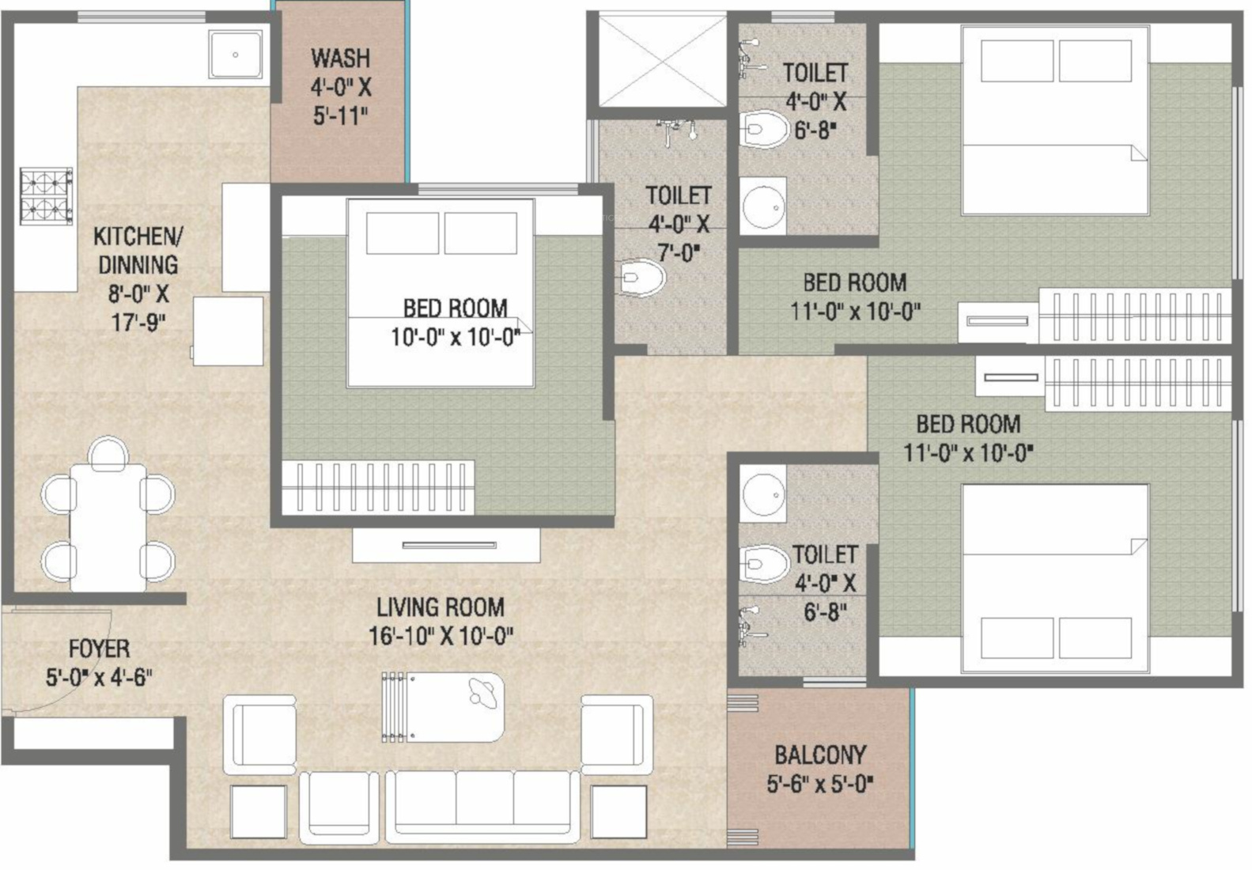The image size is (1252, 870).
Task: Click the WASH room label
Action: click(x=341, y=58)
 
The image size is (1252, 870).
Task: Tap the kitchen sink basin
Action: click(x=236, y=55)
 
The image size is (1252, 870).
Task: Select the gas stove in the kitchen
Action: click(x=47, y=196)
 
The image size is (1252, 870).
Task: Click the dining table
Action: click(x=108, y=527)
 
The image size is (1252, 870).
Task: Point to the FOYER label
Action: click(x=100, y=649)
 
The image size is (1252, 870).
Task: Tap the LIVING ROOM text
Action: click(x=441, y=607)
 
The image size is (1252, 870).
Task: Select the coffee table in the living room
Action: click(x=443, y=707)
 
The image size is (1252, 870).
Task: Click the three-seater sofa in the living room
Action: click(x=483, y=806)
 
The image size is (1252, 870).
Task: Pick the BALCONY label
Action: click(x=820, y=755)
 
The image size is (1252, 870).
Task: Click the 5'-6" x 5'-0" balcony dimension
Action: click(x=820, y=785)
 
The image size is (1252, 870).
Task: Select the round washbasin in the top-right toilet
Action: click(x=763, y=206)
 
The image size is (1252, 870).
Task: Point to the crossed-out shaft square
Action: click(x=662, y=60)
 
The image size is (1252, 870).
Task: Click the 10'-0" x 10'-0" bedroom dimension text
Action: click(x=455, y=337)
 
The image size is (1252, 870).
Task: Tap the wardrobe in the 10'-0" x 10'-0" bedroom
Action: click(x=378, y=487)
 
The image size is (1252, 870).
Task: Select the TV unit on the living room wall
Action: click(x=447, y=545)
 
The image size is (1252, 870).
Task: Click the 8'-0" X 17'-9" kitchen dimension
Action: click(x=138, y=308)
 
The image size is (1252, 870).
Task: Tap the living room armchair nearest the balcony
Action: click(x=616, y=734)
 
